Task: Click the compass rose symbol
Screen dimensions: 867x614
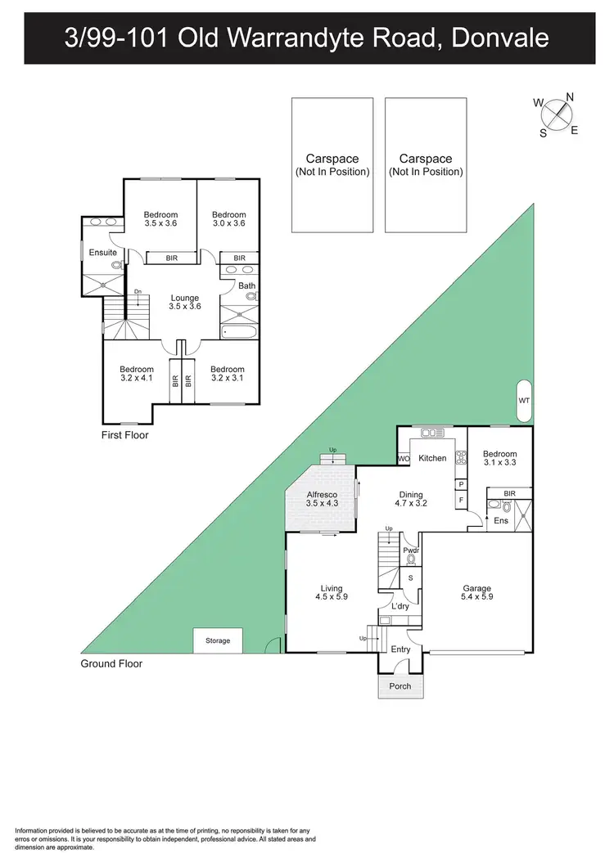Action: [x=556, y=114]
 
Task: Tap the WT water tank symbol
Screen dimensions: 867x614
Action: [x=524, y=400]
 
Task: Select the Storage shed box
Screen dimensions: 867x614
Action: [x=218, y=640]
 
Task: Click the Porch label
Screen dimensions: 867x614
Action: [x=400, y=685]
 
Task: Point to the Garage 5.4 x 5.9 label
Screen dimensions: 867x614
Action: [x=477, y=593]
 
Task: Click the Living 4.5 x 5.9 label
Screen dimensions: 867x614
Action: [x=332, y=593]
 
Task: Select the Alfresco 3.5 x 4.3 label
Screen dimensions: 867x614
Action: [x=321, y=500]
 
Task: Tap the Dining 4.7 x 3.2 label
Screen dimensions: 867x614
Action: [x=411, y=500]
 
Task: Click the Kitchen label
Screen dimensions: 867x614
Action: [x=432, y=458]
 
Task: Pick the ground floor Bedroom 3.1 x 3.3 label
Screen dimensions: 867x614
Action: [x=500, y=458]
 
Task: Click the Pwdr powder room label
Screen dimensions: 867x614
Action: [x=410, y=551]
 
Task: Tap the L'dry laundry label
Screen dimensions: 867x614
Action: [x=400, y=607]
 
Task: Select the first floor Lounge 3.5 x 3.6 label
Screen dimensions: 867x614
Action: [x=185, y=302]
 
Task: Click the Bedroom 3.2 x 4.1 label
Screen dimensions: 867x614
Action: [x=136, y=374]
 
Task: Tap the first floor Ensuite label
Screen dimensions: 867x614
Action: [x=103, y=253]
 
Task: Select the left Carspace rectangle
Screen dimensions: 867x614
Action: [x=332, y=164]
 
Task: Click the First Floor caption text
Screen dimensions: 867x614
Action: [x=125, y=435]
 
